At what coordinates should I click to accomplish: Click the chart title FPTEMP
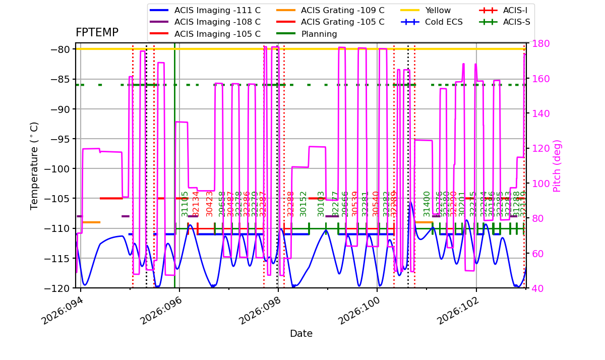[97, 33]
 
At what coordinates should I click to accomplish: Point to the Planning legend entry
[319, 34]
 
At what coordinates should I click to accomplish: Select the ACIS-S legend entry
[516, 22]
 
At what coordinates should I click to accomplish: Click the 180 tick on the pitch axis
[538, 44]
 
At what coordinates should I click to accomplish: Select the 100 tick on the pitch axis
[538, 184]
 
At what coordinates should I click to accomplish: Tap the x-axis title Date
[301, 334]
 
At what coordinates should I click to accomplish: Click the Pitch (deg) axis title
[557, 166]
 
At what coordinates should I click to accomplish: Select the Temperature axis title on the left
[34, 166]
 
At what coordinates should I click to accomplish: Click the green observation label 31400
[428, 204]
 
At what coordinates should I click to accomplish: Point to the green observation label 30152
[304, 204]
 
